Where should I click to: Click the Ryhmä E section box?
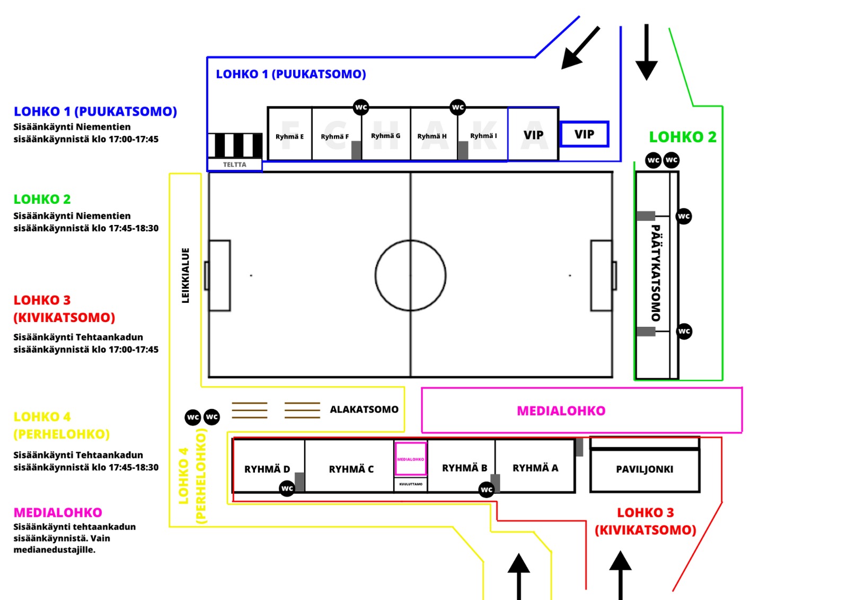[290, 136]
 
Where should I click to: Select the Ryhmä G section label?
[385, 136]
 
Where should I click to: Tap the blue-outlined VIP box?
[584, 134]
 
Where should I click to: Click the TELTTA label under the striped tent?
[234, 164]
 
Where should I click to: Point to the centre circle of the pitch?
[410, 275]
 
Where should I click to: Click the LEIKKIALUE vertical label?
[185, 275]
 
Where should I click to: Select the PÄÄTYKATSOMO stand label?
[656, 273]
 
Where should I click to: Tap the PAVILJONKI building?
[644, 469]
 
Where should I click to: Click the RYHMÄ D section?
[267, 469]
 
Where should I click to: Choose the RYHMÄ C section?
[351, 469]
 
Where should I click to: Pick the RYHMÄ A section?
[535, 468]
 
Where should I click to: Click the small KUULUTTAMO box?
[411, 484]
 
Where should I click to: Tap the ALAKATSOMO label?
[364, 410]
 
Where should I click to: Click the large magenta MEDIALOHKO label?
[561, 411]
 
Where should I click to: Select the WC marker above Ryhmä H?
[458, 107]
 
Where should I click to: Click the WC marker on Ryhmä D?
[287, 488]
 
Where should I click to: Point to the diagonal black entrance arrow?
[580, 48]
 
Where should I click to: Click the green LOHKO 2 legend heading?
[42, 199]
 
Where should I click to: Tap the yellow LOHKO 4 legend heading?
[42, 417]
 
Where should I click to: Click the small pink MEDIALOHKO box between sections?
[411, 459]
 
